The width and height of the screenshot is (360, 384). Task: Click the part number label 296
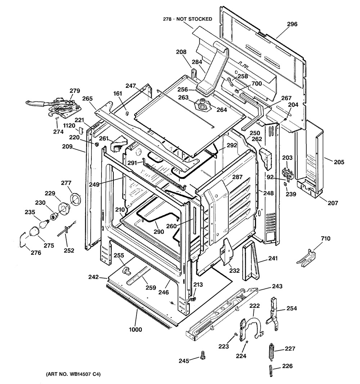click(292, 24)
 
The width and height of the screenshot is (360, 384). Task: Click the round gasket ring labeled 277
click(75, 198)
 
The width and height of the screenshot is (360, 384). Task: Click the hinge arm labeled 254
click(273, 311)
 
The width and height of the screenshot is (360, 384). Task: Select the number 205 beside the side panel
click(339, 162)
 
